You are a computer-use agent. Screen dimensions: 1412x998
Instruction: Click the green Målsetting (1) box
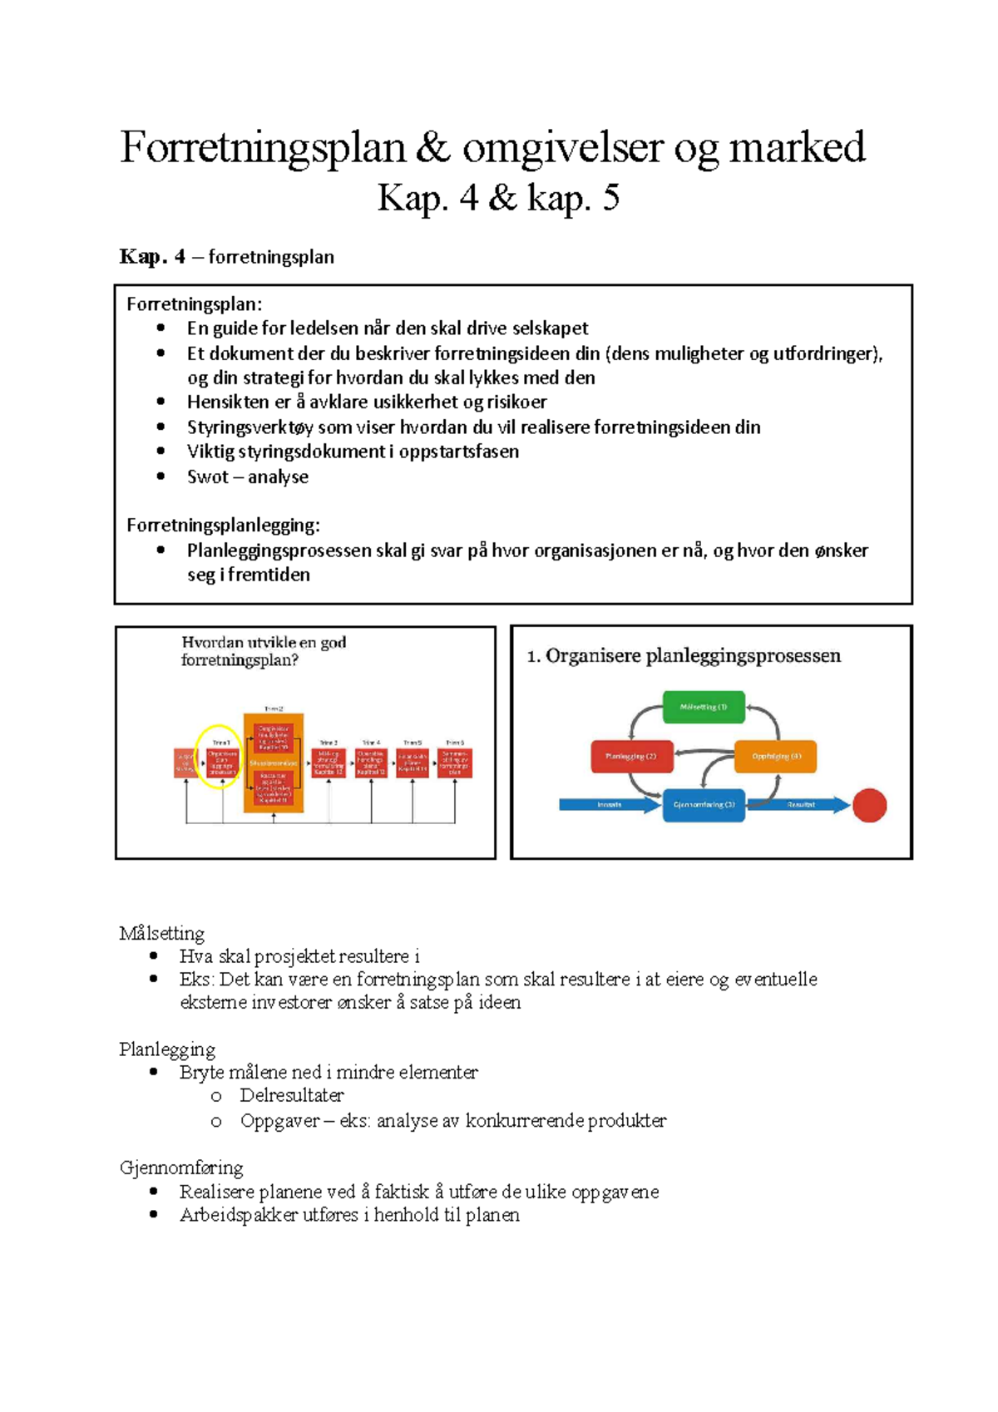[704, 707]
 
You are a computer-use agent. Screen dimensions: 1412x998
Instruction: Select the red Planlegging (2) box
[631, 757]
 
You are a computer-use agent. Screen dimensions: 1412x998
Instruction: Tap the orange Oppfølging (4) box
[775, 757]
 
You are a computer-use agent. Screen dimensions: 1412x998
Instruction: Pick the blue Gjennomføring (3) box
[704, 805]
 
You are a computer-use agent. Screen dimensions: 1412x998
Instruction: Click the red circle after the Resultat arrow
[869, 805]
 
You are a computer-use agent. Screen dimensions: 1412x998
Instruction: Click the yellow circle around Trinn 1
[219, 757]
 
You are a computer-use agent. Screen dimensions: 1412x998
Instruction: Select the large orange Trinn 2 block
[274, 763]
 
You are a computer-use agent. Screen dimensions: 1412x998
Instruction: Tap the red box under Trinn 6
[455, 763]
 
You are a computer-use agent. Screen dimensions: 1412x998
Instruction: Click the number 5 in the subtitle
[610, 199]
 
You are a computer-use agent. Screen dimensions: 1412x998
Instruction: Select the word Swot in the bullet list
[207, 477]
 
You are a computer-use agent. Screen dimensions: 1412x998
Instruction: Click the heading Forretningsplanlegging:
[223, 526]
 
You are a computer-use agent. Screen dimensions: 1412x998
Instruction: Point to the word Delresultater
[291, 1096]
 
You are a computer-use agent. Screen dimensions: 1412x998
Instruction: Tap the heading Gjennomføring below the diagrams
[181, 1168]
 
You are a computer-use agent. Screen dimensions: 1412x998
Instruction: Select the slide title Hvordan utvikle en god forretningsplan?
[264, 651]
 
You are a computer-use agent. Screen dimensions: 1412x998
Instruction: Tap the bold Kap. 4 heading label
[152, 257]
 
